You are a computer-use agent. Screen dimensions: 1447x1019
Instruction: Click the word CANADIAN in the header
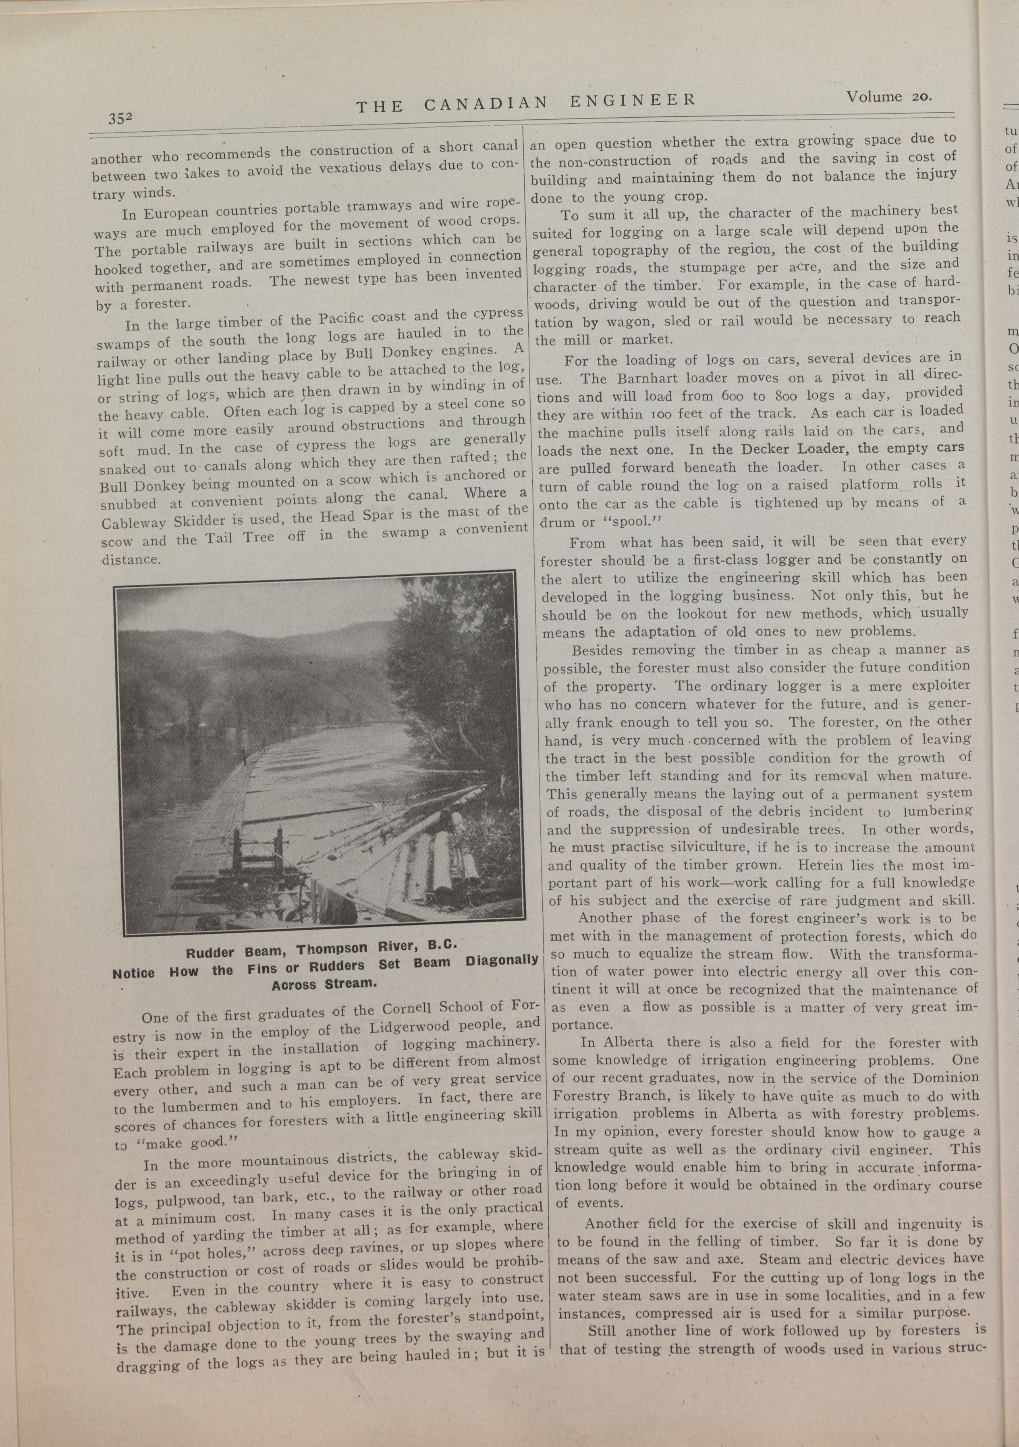point(485,103)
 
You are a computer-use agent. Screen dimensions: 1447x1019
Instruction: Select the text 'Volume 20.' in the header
point(888,97)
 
